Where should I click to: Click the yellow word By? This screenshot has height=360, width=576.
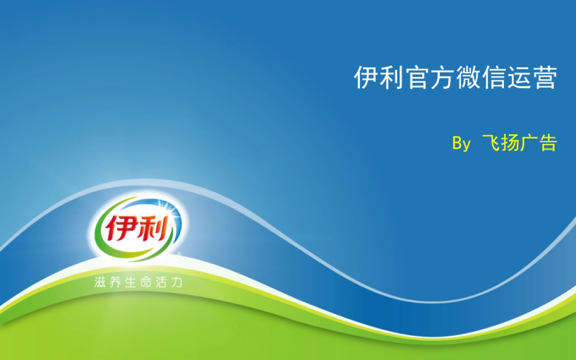click(461, 144)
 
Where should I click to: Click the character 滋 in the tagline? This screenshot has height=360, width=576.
click(100, 282)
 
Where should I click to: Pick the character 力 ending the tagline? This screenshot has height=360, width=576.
click(177, 282)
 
